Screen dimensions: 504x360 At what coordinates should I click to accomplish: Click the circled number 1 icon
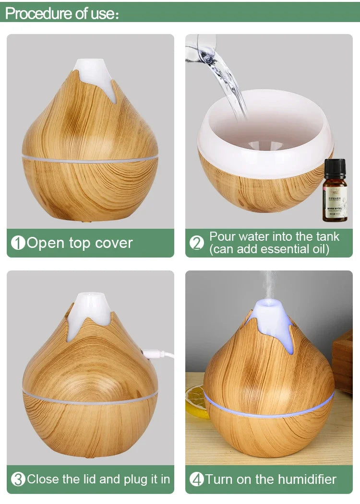pyautogui.click(x=18, y=243)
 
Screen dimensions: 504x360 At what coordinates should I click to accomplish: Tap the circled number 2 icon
pyautogui.click(x=197, y=243)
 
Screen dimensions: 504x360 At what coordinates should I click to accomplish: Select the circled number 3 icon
pyautogui.click(x=18, y=479)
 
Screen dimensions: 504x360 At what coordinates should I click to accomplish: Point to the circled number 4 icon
pyautogui.click(x=197, y=479)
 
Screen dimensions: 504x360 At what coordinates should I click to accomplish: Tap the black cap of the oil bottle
pyautogui.click(x=335, y=167)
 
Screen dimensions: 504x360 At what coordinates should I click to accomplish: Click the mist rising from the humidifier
pyautogui.click(x=268, y=283)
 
